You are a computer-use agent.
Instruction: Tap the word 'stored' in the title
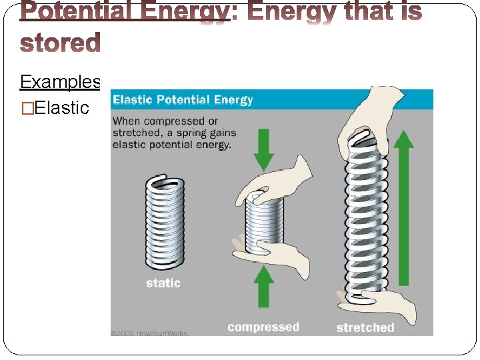point(60,42)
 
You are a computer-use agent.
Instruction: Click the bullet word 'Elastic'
point(61,107)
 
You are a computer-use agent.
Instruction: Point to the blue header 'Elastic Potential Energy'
point(183,100)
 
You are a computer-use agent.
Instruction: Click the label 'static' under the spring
point(163,283)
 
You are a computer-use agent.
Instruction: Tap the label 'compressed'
point(263,327)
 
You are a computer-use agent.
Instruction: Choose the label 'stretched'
point(365,327)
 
